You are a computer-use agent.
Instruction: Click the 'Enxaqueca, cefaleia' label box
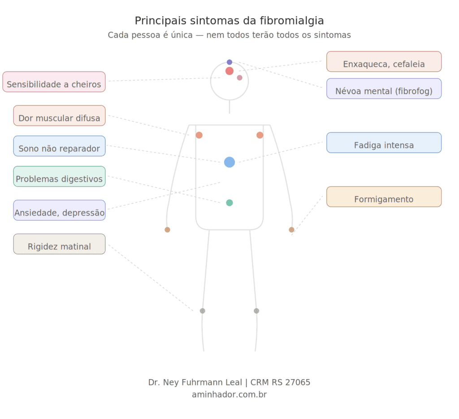pyautogui.click(x=384, y=61)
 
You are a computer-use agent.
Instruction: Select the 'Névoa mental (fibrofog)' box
pyautogui.click(x=384, y=89)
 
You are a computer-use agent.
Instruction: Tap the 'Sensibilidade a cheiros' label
pyautogui.click(x=54, y=82)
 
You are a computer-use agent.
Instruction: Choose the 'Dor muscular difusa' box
pyautogui.click(x=59, y=116)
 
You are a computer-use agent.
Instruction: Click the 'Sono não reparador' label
pyautogui.click(x=59, y=146)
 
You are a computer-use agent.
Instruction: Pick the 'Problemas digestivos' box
pyautogui.click(x=59, y=177)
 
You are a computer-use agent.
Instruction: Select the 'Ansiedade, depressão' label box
pyautogui.click(x=59, y=210)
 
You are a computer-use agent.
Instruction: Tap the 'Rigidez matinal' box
pyautogui.click(x=59, y=244)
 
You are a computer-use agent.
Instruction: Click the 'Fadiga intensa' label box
pyautogui.click(x=384, y=143)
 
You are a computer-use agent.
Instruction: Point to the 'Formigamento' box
pyautogui.click(x=384, y=196)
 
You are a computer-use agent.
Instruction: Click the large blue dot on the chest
pyautogui.click(x=229, y=162)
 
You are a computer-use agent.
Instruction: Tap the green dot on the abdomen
pyautogui.click(x=229, y=203)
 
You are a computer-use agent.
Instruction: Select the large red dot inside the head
pyautogui.click(x=229, y=71)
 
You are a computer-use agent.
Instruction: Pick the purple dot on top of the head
pyautogui.click(x=229, y=62)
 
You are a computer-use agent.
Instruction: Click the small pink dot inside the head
pyautogui.click(x=239, y=78)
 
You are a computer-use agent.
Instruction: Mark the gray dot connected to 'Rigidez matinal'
pyautogui.click(x=202, y=311)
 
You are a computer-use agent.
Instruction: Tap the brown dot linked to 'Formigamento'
pyautogui.click(x=291, y=230)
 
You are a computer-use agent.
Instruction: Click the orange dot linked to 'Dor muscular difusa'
pyautogui.click(x=199, y=135)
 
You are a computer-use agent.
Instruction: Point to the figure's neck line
pyautogui.click(x=229, y=107)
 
